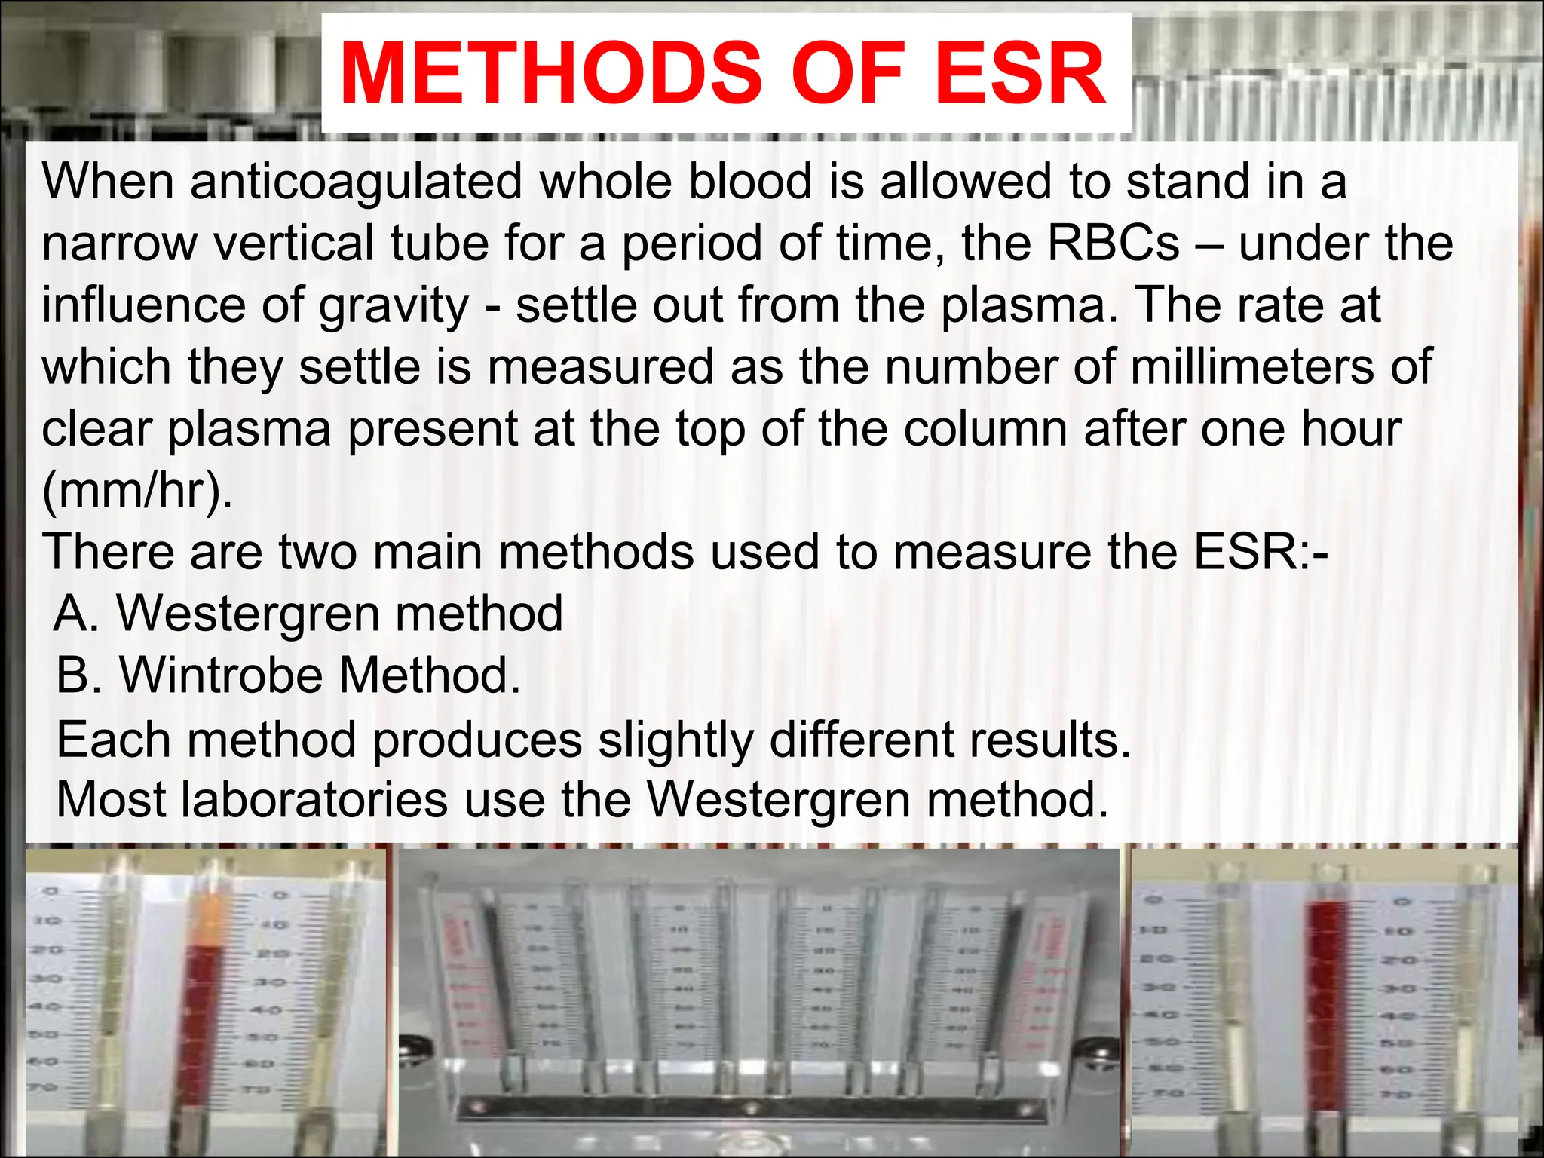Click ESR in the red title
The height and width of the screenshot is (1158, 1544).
(x=1021, y=74)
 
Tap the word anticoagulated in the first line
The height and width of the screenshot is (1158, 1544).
(x=356, y=182)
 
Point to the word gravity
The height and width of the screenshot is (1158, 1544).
(x=394, y=306)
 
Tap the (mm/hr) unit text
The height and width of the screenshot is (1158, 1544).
(x=136, y=491)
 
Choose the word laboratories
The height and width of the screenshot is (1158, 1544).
(x=314, y=799)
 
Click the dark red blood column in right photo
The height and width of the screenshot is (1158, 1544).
(x=1329, y=1003)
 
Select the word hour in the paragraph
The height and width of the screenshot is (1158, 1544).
(x=1351, y=429)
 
